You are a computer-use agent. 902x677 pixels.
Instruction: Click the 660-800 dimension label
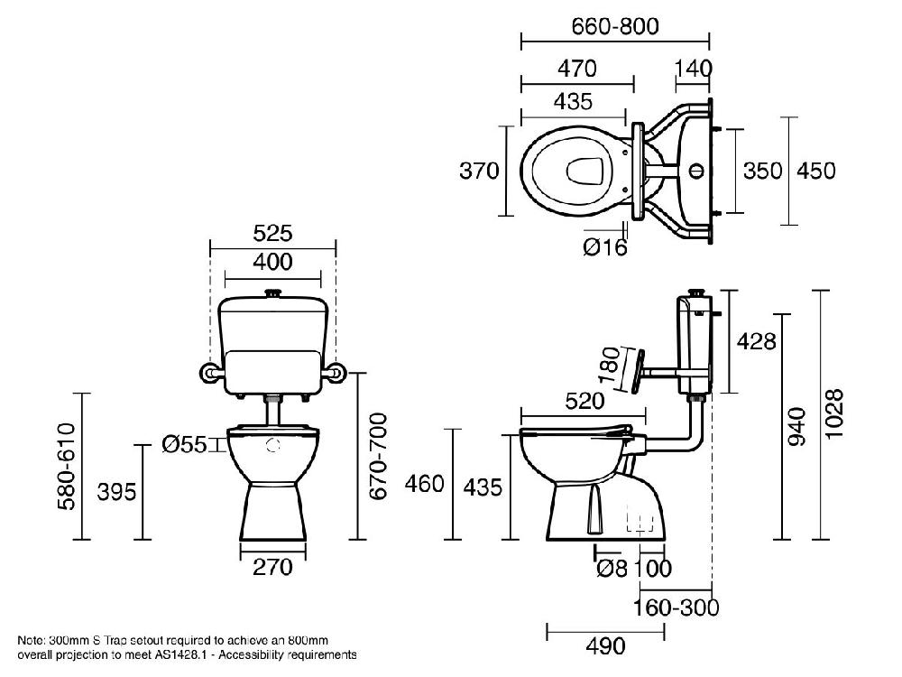(615, 26)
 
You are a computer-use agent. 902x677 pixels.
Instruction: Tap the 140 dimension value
(694, 69)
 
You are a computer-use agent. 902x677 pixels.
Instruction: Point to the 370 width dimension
(479, 171)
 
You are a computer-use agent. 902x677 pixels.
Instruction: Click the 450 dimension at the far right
(816, 171)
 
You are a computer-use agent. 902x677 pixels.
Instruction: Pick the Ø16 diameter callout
(604, 247)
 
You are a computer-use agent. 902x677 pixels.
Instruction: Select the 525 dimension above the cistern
(272, 233)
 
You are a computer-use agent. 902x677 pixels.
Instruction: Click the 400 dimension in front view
(272, 262)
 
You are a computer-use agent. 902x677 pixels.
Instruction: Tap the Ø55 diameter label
(185, 443)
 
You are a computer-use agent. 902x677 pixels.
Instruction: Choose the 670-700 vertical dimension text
(379, 457)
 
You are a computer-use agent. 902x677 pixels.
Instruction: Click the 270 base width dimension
(272, 567)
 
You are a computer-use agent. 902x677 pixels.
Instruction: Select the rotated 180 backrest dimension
(612, 366)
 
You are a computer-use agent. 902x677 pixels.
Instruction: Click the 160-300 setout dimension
(676, 607)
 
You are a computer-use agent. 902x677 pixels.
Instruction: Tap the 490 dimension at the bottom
(605, 646)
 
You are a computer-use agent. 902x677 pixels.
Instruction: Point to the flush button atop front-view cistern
(273, 292)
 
